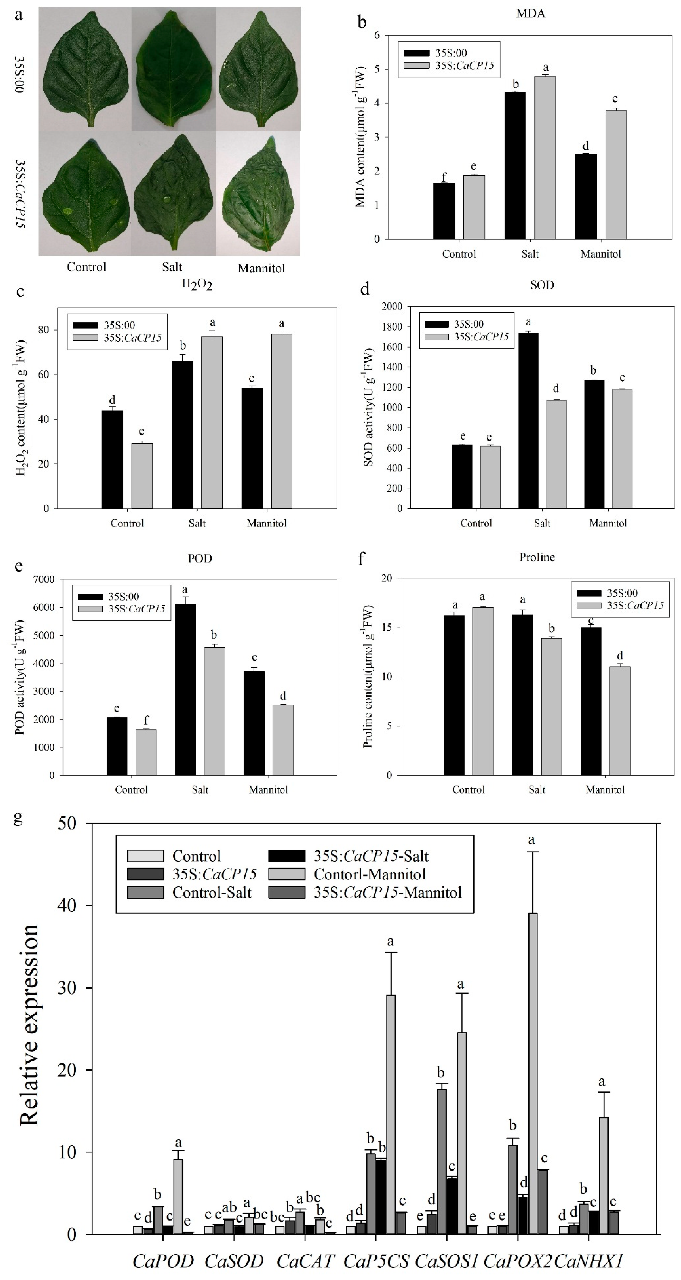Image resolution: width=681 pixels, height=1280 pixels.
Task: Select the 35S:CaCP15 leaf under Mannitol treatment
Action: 258,196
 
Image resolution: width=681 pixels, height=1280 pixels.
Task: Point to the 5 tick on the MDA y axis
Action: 377,69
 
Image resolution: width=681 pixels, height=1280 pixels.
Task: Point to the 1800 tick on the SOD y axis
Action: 393,326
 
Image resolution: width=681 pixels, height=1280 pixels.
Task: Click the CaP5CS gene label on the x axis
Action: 376,1261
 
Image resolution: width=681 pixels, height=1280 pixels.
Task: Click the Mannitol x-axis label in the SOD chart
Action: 608,523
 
